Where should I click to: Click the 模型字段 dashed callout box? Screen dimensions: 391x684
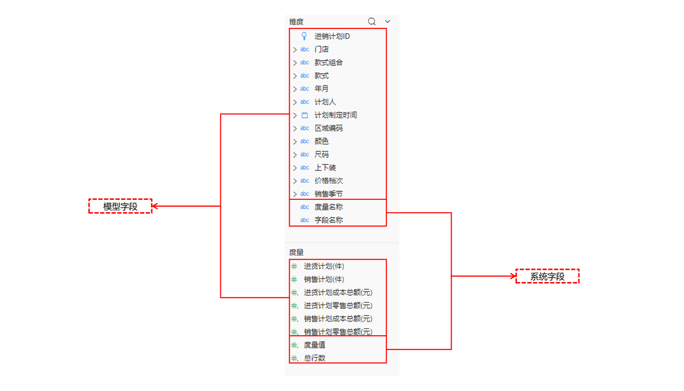[x=120, y=206]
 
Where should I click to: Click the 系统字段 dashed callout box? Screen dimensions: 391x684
[x=547, y=276]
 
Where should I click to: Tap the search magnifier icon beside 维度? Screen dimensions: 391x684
[x=372, y=22]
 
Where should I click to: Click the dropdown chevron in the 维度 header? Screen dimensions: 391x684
[x=387, y=22]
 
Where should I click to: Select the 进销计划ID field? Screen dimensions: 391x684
[x=332, y=36]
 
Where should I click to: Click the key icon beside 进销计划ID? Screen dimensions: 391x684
[x=304, y=36]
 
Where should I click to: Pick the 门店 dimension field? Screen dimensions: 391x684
[x=321, y=49]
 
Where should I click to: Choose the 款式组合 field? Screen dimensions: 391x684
[x=328, y=63]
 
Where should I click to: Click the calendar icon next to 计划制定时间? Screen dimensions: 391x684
[x=305, y=115]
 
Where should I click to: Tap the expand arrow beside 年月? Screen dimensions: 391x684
[x=295, y=89]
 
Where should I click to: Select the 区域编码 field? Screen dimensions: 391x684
[x=328, y=128]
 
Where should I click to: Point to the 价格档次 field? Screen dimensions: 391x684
[x=328, y=181]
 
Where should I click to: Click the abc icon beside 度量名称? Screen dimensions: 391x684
[x=305, y=207]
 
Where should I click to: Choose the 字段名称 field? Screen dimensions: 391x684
[x=328, y=220]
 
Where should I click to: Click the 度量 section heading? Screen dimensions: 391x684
[x=296, y=252]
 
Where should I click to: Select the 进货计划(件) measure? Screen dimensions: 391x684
[x=324, y=266]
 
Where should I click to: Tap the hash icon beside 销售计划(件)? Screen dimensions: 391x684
[x=294, y=280]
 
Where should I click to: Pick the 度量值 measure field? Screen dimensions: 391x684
[x=315, y=345]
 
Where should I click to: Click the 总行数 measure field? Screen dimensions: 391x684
[x=315, y=358]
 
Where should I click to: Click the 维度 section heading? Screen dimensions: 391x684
[x=296, y=22]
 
